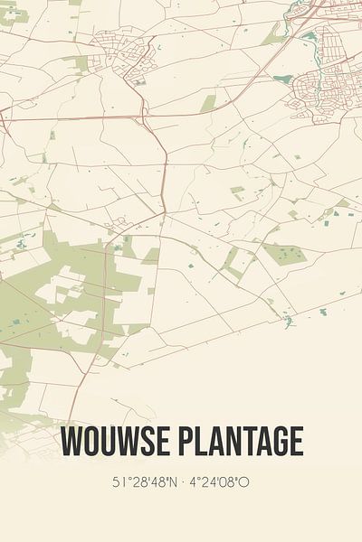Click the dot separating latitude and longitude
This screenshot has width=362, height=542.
tap(182, 483)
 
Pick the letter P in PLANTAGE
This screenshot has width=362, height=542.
tap(183, 443)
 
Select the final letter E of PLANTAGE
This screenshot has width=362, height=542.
tap(295, 443)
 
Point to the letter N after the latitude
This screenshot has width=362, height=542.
tap(169, 483)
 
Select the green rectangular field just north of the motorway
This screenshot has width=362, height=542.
tap(209, 103)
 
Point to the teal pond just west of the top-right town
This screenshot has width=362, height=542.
tap(282, 79)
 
